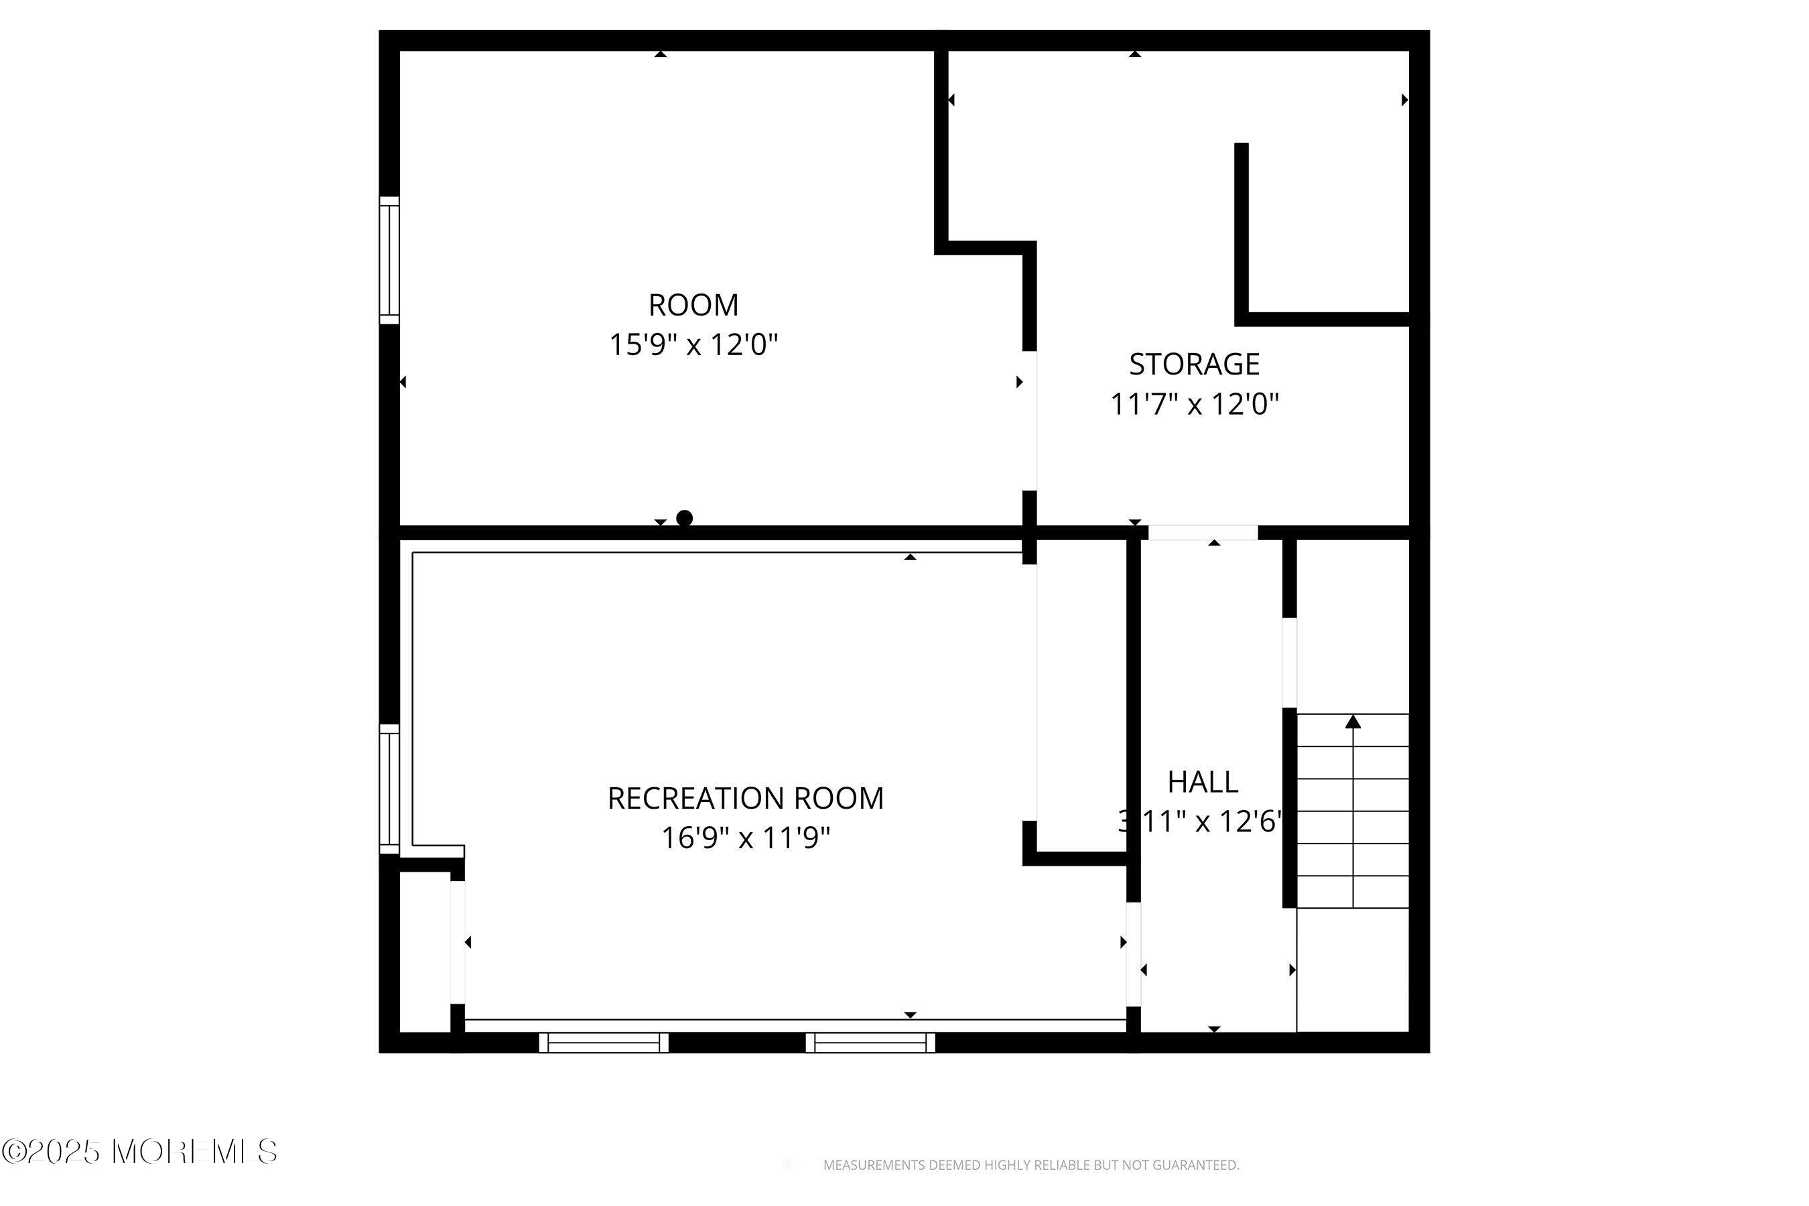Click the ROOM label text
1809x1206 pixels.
pos(693,306)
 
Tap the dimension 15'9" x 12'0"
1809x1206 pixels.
pos(693,344)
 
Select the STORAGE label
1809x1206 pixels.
pos(1194,364)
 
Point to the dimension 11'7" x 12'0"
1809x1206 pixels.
pos(1194,404)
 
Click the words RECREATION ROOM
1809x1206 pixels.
pos(745,799)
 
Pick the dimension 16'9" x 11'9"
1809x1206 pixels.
pos(745,837)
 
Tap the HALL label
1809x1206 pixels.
pos(1203,782)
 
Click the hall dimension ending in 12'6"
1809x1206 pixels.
pos(1200,821)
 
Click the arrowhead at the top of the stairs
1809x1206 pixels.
pos(1353,722)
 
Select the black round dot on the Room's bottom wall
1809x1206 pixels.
pos(684,518)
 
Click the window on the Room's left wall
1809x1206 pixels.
pos(389,260)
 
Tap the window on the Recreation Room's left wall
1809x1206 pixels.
pos(389,789)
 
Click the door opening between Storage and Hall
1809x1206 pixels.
pos(1202,532)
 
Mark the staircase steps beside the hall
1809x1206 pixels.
pos(1353,811)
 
